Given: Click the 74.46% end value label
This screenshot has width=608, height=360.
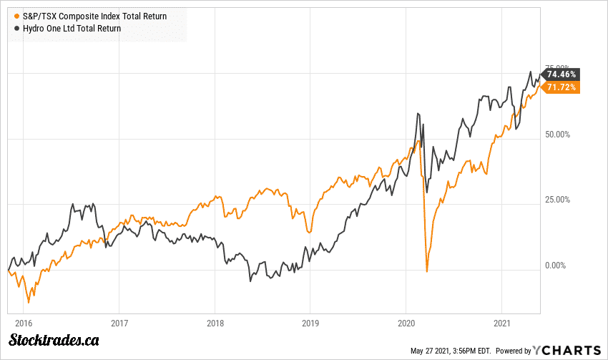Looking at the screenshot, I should [561, 74].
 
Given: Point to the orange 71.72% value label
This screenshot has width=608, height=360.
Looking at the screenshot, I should [561, 87].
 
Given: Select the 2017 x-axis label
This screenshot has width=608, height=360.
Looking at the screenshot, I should [119, 323].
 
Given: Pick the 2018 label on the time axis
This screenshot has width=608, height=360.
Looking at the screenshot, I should [215, 323].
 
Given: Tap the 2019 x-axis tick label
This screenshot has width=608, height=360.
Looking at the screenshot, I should [310, 323].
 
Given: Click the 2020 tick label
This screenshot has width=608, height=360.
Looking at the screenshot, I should [406, 323].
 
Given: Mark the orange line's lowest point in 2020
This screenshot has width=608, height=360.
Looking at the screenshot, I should [427, 272].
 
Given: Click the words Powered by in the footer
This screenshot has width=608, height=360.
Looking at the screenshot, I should [514, 351].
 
